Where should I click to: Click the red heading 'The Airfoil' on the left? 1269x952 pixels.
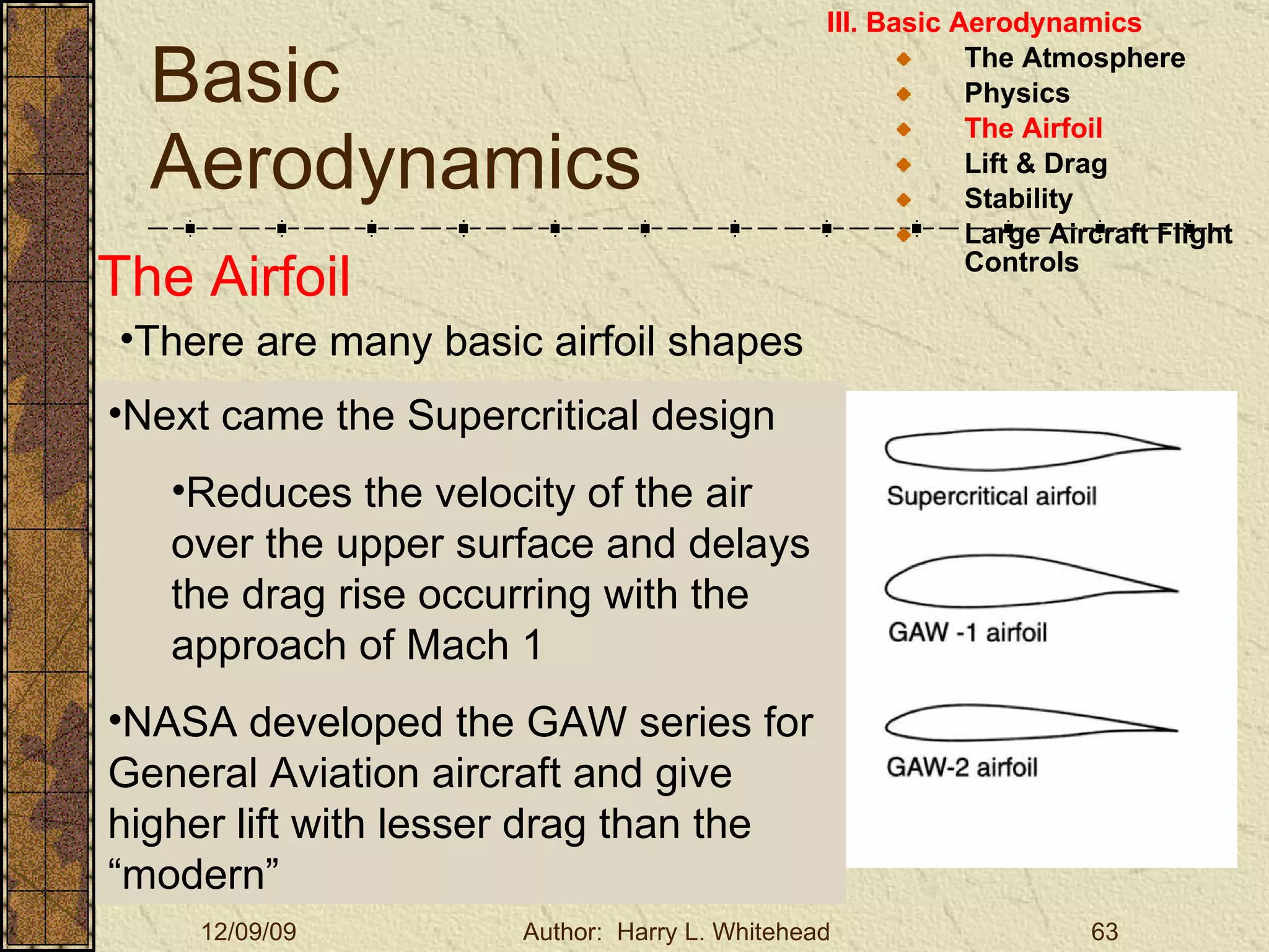pos(224,277)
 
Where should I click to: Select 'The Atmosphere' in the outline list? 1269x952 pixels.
pos(1074,58)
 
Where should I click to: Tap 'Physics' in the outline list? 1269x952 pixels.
pos(1017,94)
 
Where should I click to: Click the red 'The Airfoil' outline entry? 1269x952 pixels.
pos(1033,129)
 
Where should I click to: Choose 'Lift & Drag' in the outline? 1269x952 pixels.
pos(1035,164)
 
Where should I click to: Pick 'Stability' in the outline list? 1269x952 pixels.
pos(1018,199)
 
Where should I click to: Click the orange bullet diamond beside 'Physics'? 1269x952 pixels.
pos(903,94)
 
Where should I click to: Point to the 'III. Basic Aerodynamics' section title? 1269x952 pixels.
pos(983,23)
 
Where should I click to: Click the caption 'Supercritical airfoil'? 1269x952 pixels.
pos(991,496)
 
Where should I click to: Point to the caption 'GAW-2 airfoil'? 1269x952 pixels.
pos(962,767)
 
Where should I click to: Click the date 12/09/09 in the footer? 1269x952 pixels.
pos(248,932)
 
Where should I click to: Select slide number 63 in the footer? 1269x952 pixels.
pos(1104,932)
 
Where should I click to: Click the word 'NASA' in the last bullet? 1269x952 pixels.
pos(180,723)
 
